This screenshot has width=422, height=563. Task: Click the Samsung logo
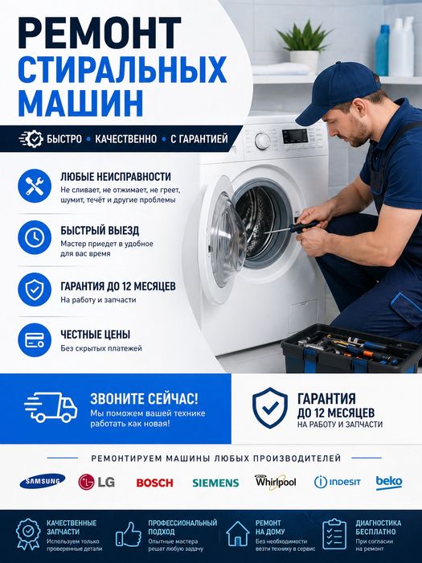click(x=43, y=481)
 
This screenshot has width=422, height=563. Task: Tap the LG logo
click(x=97, y=482)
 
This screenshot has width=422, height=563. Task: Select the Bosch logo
click(x=154, y=483)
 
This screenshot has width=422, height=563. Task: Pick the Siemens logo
click(x=215, y=483)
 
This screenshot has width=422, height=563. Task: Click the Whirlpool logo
click(x=276, y=481)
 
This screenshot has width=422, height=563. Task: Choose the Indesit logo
click(x=337, y=482)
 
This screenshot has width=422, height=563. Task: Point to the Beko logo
click(x=389, y=482)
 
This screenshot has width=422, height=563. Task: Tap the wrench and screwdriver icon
click(x=34, y=186)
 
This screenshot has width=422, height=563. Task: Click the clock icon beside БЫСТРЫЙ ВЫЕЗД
click(x=34, y=237)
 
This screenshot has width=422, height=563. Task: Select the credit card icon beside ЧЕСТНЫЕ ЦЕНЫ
click(x=34, y=340)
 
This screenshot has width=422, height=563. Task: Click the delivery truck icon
click(x=51, y=409)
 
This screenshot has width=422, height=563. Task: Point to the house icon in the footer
click(x=237, y=533)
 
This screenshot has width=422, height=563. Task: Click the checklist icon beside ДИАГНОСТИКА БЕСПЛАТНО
click(x=334, y=533)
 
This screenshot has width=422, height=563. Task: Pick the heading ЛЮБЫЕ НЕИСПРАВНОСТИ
click(x=116, y=176)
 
